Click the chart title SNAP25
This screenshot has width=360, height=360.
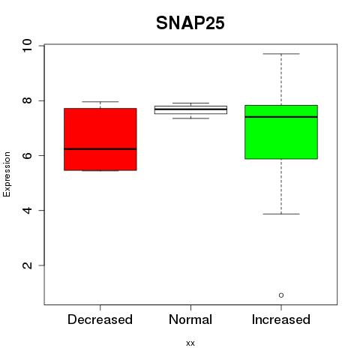(x=190, y=23)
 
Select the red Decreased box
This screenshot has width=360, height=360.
(x=100, y=139)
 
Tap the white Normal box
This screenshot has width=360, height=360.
(x=190, y=109)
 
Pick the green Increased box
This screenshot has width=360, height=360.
(x=281, y=132)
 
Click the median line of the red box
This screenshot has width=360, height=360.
(x=100, y=149)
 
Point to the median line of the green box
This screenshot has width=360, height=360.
(x=281, y=117)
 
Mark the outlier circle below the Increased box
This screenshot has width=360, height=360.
(x=281, y=295)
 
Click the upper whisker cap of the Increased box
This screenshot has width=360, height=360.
(x=281, y=54)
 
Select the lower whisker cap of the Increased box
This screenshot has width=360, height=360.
(x=281, y=214)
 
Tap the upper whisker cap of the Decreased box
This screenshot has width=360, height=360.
(x=100, y=102)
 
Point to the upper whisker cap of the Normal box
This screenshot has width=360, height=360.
(x=190, y=103)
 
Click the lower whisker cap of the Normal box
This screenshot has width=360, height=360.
(x=190, y=118)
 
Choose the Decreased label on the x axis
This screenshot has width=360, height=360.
(x=100, y=319)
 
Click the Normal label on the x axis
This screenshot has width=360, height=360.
(x=190, y=319)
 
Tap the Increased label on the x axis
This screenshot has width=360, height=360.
(x=281, y=319)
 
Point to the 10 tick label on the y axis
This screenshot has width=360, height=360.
(x=27, y=46)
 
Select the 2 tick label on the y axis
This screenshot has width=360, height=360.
(x=27, y=265)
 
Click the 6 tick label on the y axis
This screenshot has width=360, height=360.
(x=27, y=155)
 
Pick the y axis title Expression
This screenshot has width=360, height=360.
(x=7, y=174)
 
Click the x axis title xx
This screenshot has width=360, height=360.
(x=190, y=343)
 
